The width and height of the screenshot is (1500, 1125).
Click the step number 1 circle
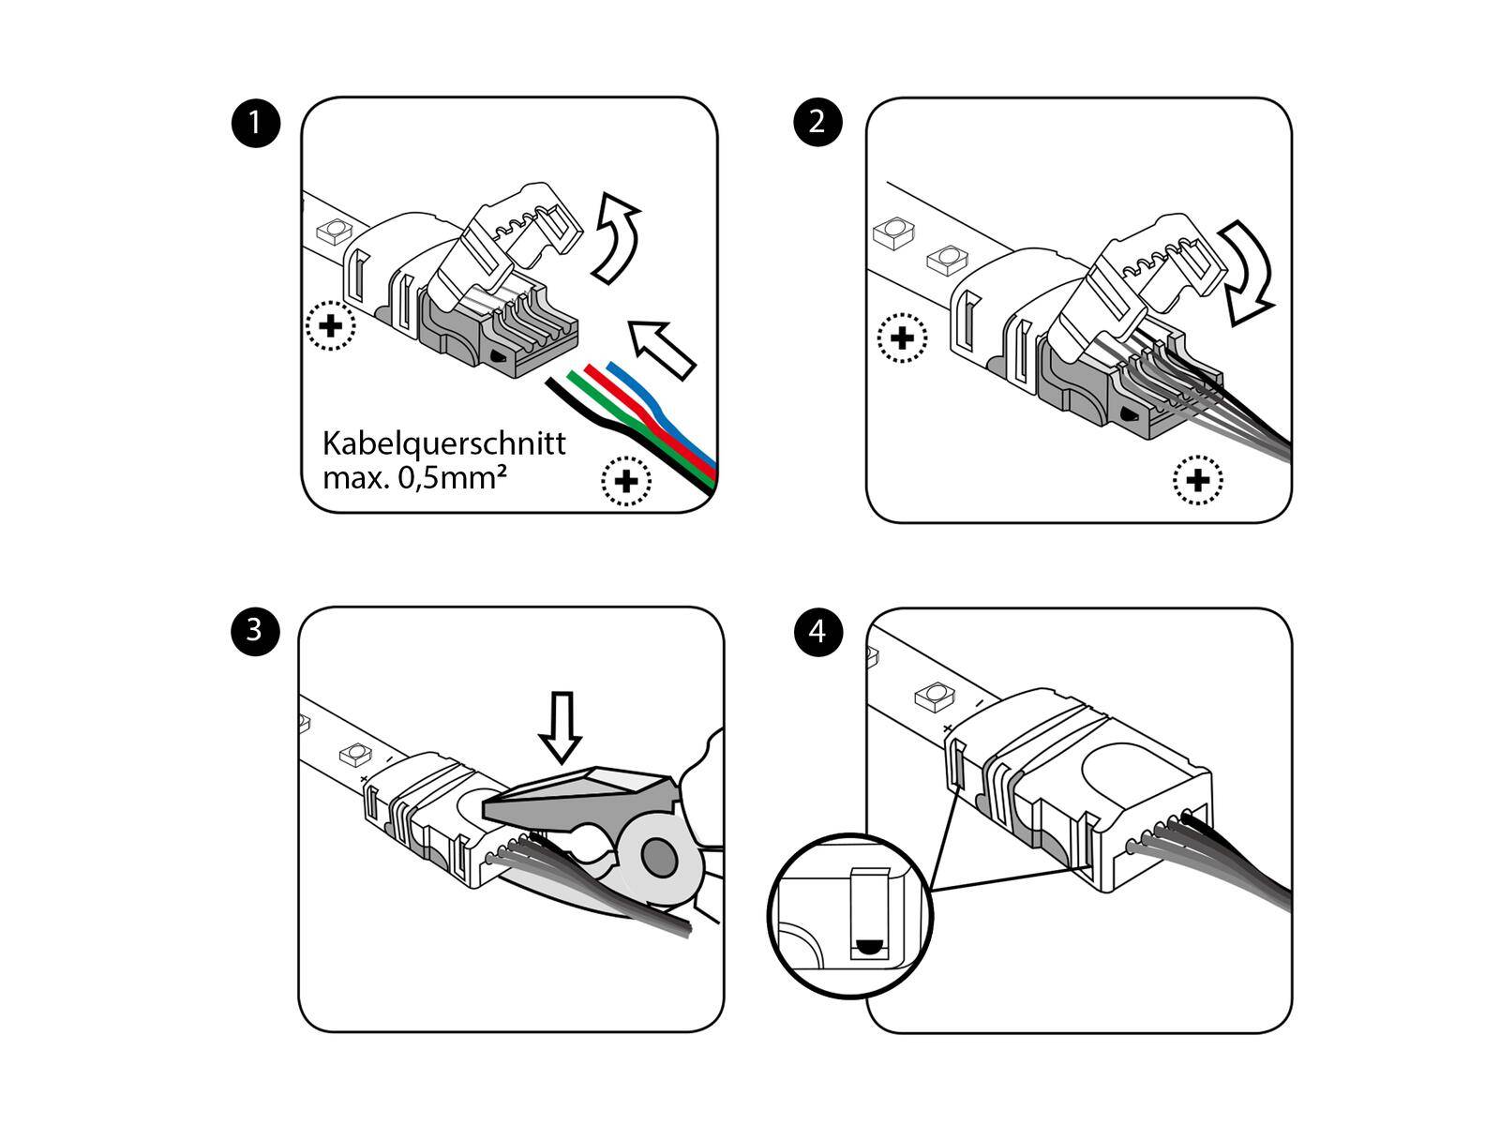(255, 123)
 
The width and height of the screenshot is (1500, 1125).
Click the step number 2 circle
(817, 123)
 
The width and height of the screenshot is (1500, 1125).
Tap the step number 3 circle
(255, 630)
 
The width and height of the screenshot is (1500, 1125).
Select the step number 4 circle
(817, 631)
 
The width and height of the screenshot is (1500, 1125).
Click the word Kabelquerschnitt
(443, 442)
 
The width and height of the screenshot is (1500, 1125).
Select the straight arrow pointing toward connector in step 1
(662, 348)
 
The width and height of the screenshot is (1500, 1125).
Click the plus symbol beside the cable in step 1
(625, 481)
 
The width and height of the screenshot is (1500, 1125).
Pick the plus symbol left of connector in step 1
(331, 326)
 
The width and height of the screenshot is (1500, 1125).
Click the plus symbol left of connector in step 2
(902, 337)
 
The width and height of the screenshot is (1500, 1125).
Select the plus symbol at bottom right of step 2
(1197, 480)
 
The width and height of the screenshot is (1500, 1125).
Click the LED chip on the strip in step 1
(334, 229)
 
